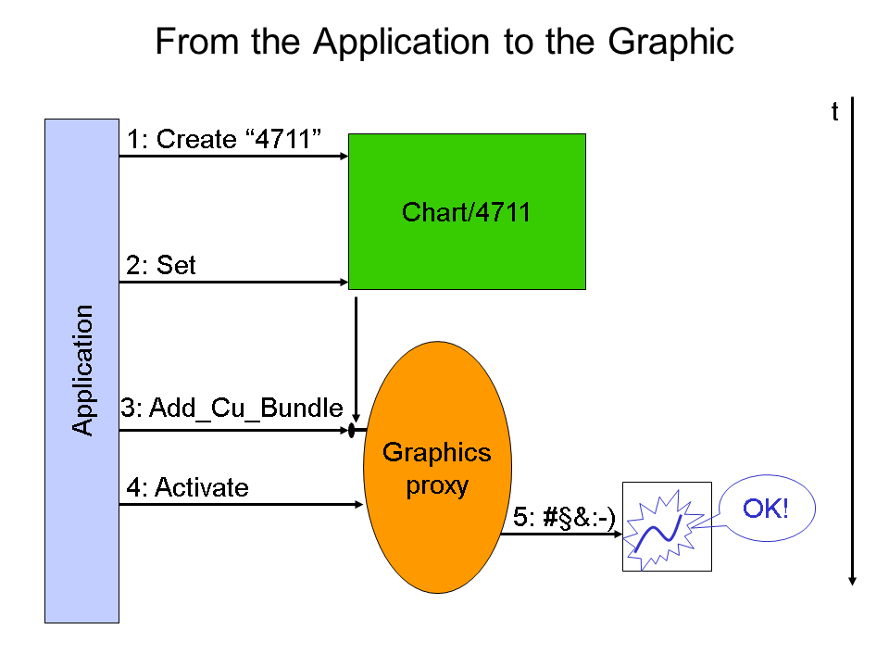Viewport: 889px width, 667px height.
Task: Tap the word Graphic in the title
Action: tap(670, 42)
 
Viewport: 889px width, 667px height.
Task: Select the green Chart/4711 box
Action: tap(467, 211)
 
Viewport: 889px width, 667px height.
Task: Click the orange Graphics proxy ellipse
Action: tap(438, 467)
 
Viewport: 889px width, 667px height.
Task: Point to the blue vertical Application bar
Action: tap(81, 371)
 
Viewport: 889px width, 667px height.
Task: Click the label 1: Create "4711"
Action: tap(224, 139)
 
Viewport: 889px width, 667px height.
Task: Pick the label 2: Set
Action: tap(161, 265)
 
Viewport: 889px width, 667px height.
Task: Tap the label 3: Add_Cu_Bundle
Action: tap(232, 408)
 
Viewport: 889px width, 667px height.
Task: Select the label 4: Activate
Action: tap(188, 487)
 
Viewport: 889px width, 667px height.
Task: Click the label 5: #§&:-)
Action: tap(564, 517)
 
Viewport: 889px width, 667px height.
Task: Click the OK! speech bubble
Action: tap(767, 509)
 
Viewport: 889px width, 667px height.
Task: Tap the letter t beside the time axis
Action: tap(834, 112)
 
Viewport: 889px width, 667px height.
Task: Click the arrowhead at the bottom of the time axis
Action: tap(852, 582)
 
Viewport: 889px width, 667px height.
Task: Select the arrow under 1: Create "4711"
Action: tap(233, 156)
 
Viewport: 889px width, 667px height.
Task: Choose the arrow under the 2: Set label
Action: tap(233, 282)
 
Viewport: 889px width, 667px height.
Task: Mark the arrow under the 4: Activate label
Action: tap(241, 504)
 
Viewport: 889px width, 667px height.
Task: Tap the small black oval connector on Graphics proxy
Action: tap(352, 431)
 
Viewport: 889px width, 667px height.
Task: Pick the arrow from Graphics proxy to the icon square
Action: tap(562, 534)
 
